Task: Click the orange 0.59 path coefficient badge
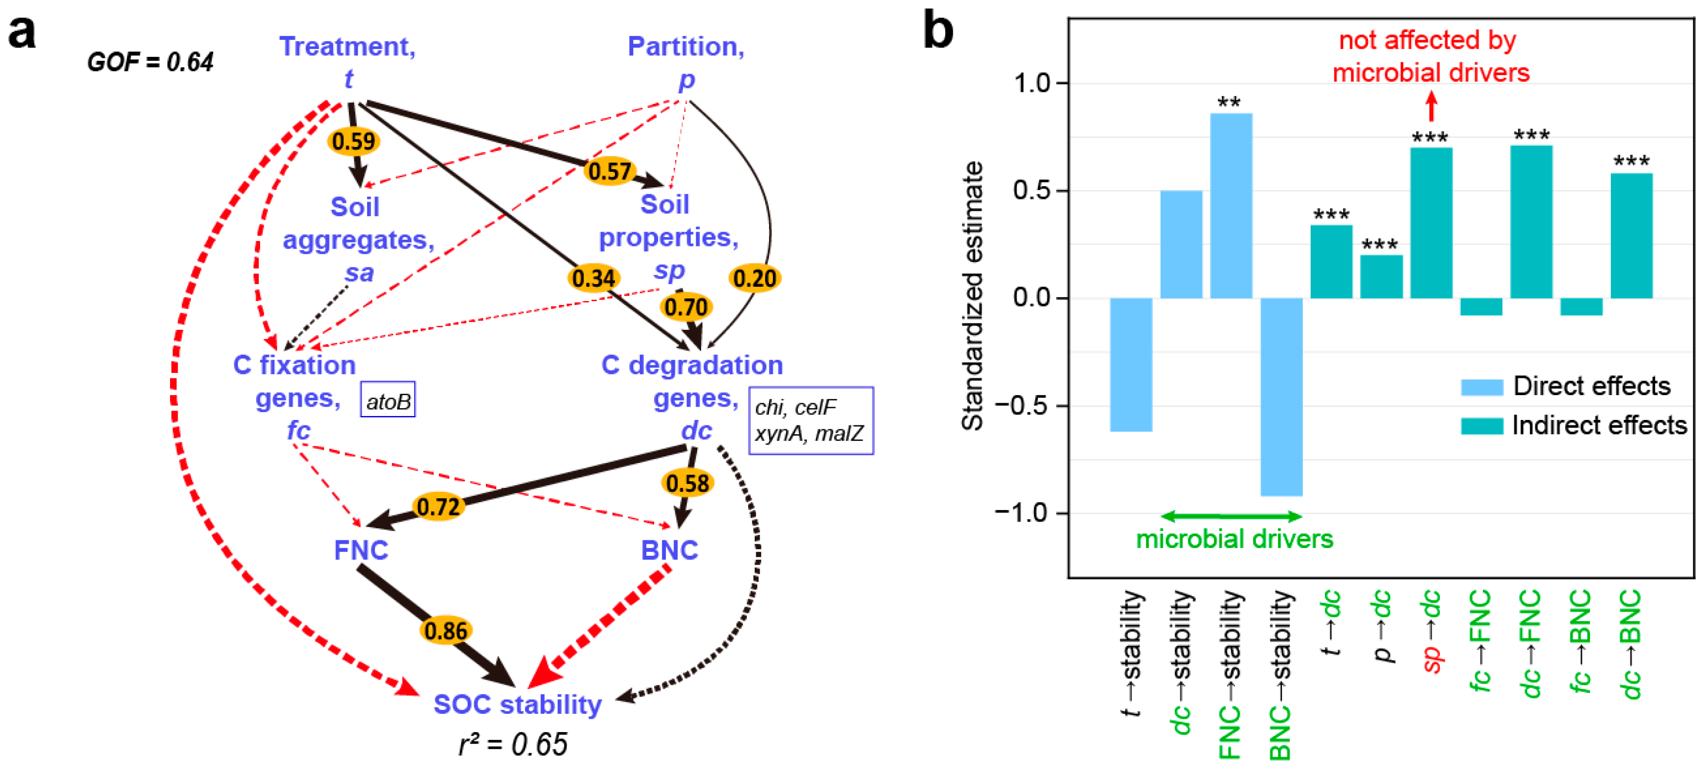pyautogui.click(x=354, y=141)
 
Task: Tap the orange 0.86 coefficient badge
pyautogui.click(x=446, y=630)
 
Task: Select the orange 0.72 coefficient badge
pyautogui.click(x=438, y=507)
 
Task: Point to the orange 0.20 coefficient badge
pyautogui.click(x=755, y=278)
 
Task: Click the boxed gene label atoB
pyautogui.click(x=388, y=401)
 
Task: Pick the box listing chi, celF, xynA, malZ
pyautogui.click(x=810, y=420)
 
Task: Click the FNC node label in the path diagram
pyautogui.click(x=361, y=550)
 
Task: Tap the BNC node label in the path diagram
pyautogui.click(x=669, y=550)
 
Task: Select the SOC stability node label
pyautogui.click(x=517, y=704)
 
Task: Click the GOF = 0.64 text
pyautogui.click(x=150, y=62)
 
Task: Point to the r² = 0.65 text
pyautogui.click(x=513, y=744)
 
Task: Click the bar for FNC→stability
pyautogui.click(x=1231, y=206)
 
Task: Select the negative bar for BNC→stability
pyautogui.click(x=1281, y=396)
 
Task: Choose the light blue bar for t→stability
pyautogui.click(x=1131, y=365)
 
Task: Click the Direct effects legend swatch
pyautogui.click(x=1482, y=387)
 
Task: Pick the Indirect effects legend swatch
pyautogui.click(x=1482, y=425)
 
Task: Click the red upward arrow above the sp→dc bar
pyautogui.click(x=1432, y=106)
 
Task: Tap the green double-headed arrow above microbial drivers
pyautogui.click(x=1232, y=516)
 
